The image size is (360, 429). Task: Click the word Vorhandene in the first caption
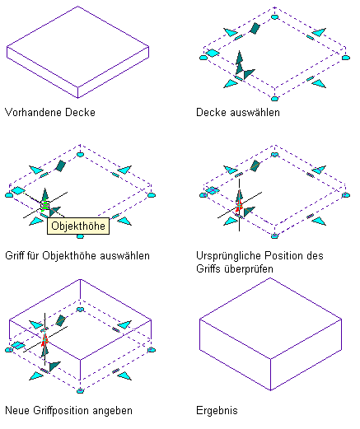(34, 112)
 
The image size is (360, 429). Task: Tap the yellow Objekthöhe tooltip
(78, 226)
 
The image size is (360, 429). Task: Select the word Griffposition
(61, 411)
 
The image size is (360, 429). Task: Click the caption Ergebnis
(217, 411)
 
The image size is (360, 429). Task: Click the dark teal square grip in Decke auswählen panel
(255, 28)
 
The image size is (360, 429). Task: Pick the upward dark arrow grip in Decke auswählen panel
(239, 62)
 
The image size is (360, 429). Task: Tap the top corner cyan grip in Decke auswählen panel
(274, 17)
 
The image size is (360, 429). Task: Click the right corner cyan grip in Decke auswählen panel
(346, 58)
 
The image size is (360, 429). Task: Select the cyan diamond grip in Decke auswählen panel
(213, 53)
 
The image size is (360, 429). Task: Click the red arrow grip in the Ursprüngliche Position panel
(239, 205)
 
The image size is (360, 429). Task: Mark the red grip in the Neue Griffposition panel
(44, 340)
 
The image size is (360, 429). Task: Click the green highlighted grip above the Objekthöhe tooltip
(45, 205)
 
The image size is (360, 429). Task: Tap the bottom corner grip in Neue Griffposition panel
(80, 391)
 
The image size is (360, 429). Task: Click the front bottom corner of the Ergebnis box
(270, 389)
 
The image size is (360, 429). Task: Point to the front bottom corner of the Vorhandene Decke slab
(77, 98)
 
